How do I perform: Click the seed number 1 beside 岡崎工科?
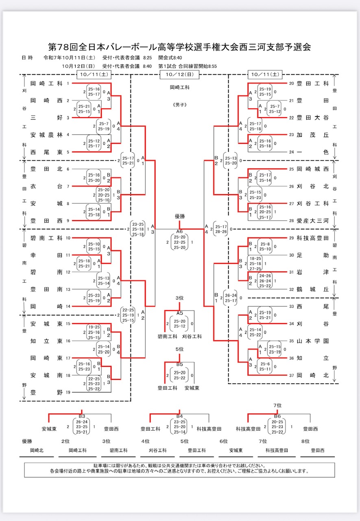(x=68, y=83)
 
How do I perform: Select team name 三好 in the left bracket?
(x=46, y=117)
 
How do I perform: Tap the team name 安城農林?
(x=46, y=134)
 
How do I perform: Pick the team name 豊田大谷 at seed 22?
(x=312, y=117)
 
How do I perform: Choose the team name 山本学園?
(x=312, y=341)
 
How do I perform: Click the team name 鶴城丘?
(x=312, y=289)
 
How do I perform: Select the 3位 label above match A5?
(x=179, y=298)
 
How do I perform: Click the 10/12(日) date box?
(x=179, y=74)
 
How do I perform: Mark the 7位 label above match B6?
(x=277, y=405)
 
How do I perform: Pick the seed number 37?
(x=291, y=375)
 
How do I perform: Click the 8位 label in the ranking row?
(x=305, y=441)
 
